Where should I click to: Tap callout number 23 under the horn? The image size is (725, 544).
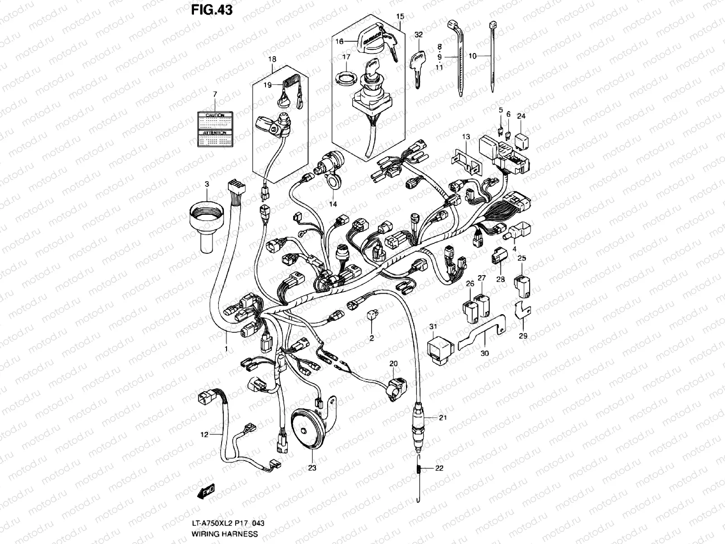point(312,468)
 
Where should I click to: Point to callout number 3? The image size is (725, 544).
point(207,184)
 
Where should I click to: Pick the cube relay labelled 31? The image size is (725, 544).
point(439,350)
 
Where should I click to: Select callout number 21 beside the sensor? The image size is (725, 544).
point(443,418)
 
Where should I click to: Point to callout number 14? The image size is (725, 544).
point(333,204)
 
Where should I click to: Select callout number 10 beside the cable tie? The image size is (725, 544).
point(473,56)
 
